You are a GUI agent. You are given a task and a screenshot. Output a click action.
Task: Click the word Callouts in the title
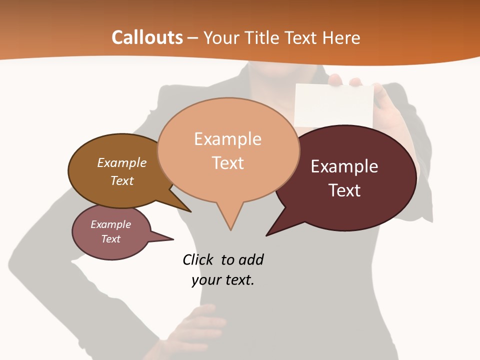click(x=147, y=37)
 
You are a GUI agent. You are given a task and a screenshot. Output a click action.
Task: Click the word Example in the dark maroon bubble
click(x=344, y=166)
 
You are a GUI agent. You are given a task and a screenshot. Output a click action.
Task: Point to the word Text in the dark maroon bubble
click(x=344, y=190)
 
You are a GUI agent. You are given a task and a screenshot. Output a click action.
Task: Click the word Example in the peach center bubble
click(x=227, y=139)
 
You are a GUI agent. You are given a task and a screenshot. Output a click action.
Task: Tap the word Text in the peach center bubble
click(x=227, y=163)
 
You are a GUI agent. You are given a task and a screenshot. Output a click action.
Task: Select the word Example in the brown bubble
click(x=122, y=163)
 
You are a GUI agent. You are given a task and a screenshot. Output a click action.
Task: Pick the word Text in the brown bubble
click(x=122, y=180)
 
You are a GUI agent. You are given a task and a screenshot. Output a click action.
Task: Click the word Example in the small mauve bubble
click(x=110, y=224)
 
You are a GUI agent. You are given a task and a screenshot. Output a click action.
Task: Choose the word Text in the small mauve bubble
click(x=110, y=239)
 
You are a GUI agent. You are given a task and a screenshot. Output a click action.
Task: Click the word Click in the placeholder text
click(x=198, y=260)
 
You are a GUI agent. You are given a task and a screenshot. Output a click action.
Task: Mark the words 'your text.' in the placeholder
click(x=223, y=280)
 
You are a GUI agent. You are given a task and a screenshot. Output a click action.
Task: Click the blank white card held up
click(x=334, y=105)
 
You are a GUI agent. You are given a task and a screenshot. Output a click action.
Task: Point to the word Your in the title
click(x=221, y=37)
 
